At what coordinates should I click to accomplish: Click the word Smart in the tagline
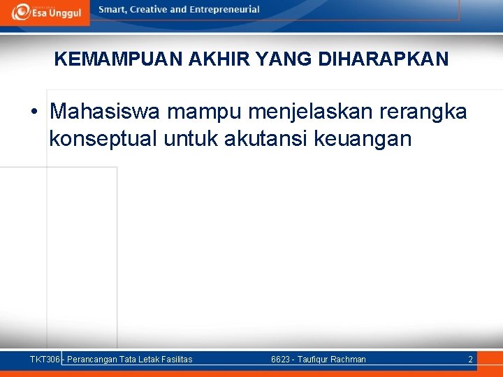click(x=113, y=10)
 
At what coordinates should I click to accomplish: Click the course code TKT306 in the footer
click(x=45, y=360)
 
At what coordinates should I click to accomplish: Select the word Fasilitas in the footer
click(x=176, y=360)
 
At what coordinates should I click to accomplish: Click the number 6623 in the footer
click(x=281, y=360)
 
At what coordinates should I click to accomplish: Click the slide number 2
click(x=470, y=360)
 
